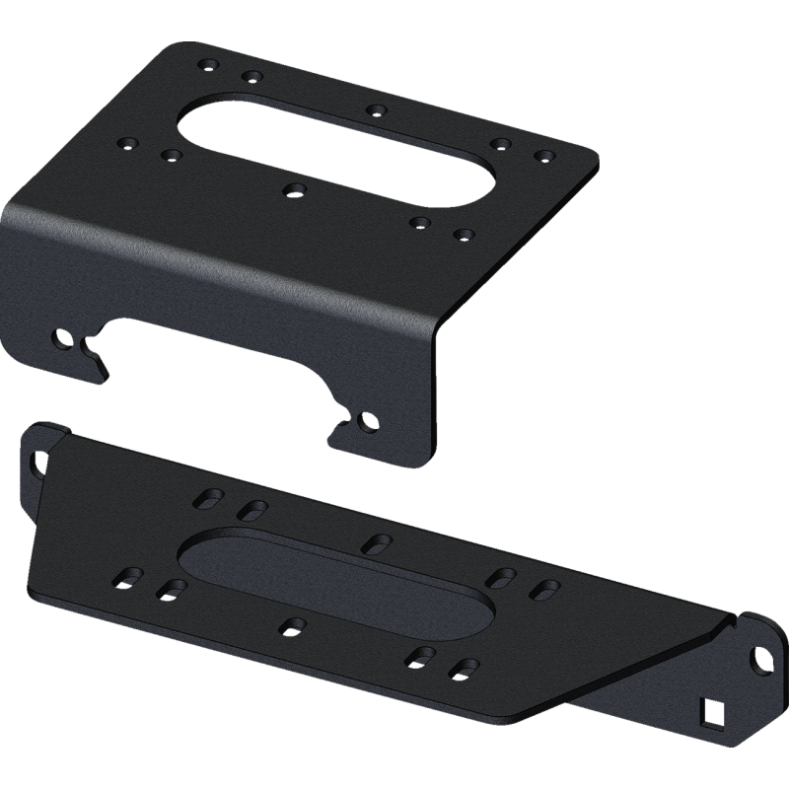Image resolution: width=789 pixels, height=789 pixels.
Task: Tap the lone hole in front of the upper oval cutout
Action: [x=291, y=187]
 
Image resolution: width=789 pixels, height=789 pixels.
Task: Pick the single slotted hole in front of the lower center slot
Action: [x=291, y=625]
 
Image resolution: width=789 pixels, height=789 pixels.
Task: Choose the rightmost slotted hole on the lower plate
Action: [x=544, y=589]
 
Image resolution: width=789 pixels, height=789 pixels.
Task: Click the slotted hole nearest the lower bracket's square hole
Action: [x=461, y=670]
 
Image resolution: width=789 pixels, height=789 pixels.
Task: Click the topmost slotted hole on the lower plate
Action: [x=209, y=496]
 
